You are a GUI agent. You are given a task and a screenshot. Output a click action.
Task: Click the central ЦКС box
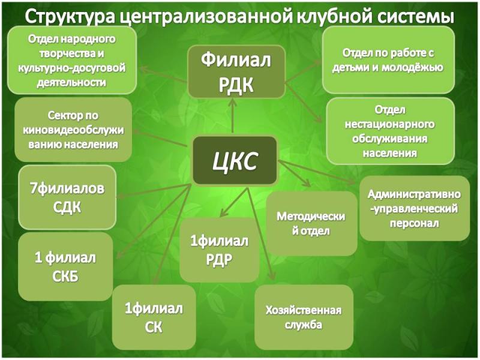(x=235, y=161)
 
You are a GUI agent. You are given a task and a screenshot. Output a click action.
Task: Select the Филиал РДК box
(x=236, y=72)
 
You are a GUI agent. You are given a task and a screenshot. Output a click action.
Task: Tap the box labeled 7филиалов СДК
(x=67, y=197)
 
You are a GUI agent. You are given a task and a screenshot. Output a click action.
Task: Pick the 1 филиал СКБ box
(x=65, y=266)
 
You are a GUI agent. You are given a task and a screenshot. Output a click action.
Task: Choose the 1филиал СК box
(x=154, y=317)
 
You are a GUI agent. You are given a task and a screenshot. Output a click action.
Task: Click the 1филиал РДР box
(x=220, y=250)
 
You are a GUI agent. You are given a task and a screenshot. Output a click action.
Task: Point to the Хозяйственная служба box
(x=304, y=317)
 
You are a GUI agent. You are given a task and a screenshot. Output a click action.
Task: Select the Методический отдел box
(x=311, y=223)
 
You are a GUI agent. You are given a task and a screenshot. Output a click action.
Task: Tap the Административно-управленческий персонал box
(x=415, y=208)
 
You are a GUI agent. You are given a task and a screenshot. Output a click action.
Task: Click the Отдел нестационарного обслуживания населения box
(x=390, y=131)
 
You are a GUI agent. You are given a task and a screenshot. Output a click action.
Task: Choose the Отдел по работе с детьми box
(x=388, y=60)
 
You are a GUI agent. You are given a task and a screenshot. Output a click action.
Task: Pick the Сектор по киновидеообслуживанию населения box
(x=73, y=130)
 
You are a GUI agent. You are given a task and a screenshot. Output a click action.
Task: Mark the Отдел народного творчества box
(x=72, y=61)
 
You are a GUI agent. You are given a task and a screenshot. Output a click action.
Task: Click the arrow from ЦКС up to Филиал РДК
(x=233, y=116)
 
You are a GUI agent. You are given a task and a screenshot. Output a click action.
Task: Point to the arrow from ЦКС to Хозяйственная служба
(x=260, y=233)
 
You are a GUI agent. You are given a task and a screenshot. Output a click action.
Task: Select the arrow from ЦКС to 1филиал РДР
(x=234, y=202)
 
